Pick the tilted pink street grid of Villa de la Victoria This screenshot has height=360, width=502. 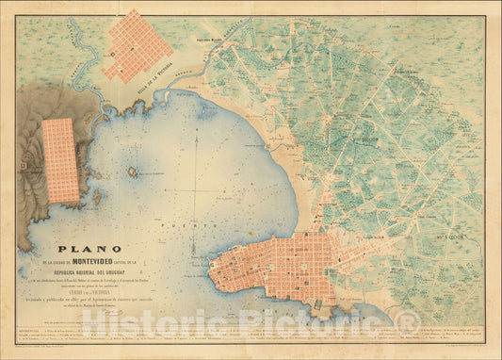coord(138,43)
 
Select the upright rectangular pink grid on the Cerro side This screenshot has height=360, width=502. coord(61,160)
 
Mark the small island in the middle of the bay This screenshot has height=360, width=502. coord(133,172)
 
